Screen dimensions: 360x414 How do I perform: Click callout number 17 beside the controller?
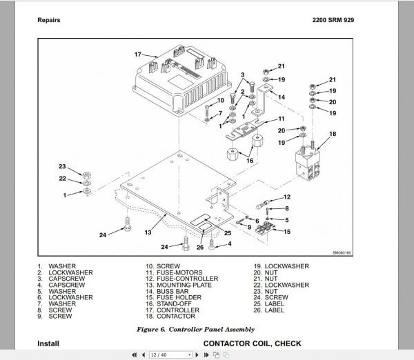[x=137, y=54]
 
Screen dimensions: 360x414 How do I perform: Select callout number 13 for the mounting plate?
[x=148, y=233]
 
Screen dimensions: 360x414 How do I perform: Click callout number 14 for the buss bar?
[x=282, y=97]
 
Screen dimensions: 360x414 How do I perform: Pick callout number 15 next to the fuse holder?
[x=286, y=232]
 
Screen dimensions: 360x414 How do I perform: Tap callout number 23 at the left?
[x=62, y=167]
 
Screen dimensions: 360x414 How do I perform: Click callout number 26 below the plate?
[x=200, y=248]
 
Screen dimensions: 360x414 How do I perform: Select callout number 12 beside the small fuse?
[x=286, y=197]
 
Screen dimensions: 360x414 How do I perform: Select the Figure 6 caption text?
[x=201, y=329]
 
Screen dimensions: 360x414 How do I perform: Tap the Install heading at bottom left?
[x=48, y=343]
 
